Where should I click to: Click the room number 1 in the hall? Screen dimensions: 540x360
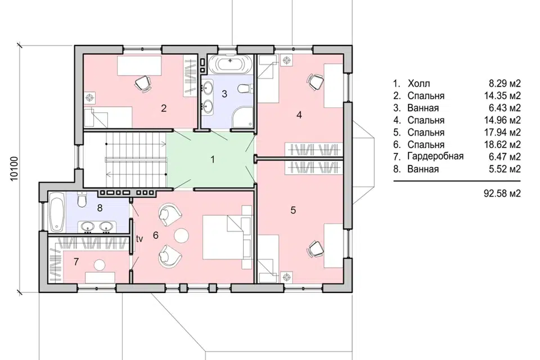(213, 160)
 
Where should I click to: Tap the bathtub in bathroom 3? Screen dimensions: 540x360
(230, 64)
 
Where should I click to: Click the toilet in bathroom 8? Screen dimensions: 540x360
(82, 200)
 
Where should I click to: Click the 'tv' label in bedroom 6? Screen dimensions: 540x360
(139, 238)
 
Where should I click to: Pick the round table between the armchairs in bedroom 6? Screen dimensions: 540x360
(181, 236)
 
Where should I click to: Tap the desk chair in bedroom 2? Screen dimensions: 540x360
(143, 83)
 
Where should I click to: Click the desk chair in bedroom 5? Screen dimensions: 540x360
(315, 249)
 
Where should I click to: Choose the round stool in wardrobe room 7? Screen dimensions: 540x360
(100, 264)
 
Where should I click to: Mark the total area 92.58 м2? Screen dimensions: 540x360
(502, 193)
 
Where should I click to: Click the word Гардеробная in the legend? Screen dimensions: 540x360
(435, 157)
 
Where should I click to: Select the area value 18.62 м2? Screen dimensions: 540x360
(502, 145)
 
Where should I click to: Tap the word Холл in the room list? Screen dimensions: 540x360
(418, 84)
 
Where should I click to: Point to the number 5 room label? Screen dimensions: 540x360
(293, 210)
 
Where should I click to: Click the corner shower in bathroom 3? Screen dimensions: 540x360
(242, 117)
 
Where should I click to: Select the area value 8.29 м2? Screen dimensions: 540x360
(505, 84)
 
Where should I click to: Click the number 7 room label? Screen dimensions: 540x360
(76, 262)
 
